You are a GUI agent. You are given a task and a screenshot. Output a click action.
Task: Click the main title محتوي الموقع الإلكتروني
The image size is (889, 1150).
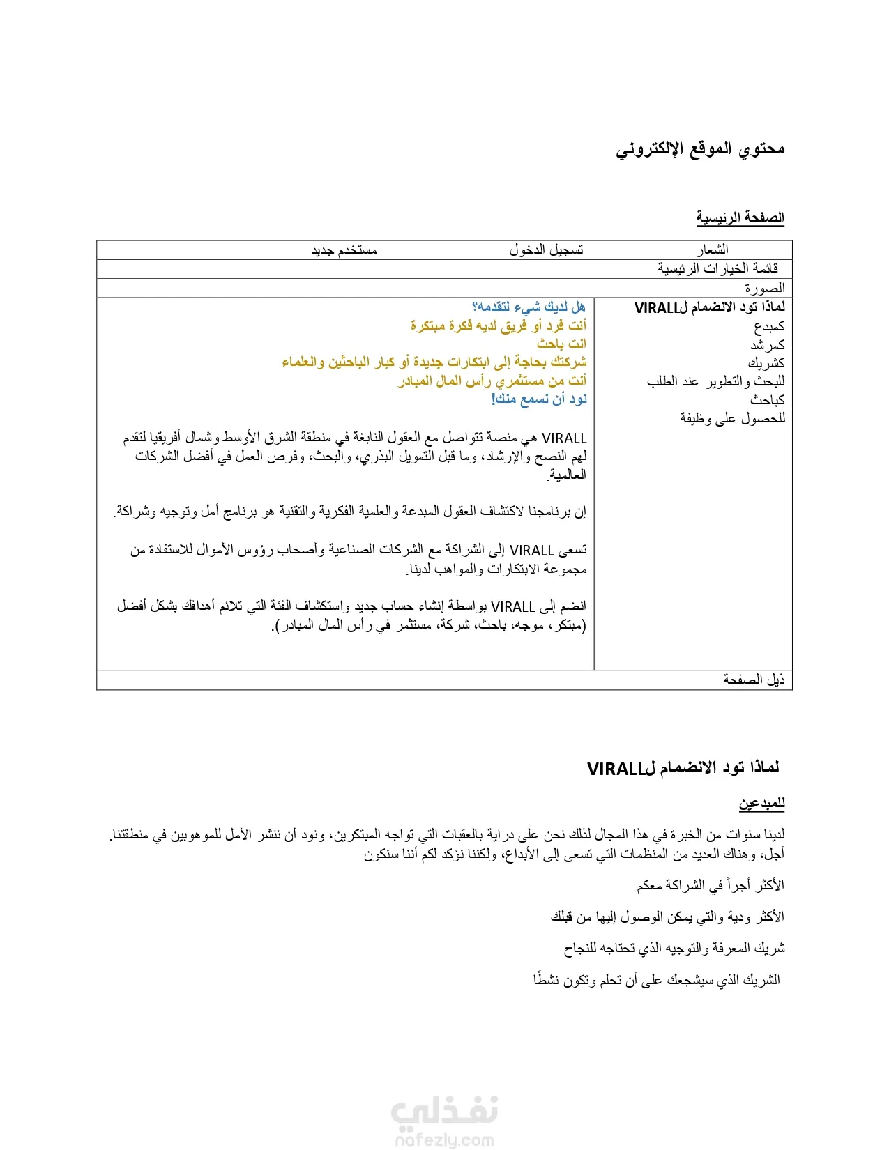(700, 149)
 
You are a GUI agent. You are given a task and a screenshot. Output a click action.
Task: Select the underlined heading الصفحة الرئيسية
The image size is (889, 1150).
(740, 217)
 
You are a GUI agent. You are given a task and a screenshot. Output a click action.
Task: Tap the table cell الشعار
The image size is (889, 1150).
(711, 250)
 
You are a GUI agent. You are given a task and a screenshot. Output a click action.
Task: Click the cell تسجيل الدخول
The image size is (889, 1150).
(546, 250)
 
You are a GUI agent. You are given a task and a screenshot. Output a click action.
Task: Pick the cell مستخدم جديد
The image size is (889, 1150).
(344, 250)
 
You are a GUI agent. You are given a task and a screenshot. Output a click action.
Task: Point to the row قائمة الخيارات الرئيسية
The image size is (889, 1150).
(717, 268)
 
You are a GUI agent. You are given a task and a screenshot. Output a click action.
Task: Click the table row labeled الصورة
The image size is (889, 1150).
(764, 288)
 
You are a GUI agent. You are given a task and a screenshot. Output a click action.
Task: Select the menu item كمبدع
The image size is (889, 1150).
(769, 326)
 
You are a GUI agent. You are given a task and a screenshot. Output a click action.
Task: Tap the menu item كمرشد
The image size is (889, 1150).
(768, 344)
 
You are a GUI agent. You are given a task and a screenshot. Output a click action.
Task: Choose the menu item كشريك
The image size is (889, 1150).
(766, 363)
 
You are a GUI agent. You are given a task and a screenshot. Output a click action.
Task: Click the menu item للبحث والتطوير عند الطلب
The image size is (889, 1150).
(715, 381)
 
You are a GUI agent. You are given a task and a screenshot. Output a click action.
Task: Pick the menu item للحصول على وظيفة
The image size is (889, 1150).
(732, 418)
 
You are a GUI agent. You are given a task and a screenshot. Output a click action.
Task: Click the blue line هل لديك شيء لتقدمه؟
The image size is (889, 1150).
(529, 307)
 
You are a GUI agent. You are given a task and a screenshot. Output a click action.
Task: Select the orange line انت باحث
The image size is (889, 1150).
(561, 344)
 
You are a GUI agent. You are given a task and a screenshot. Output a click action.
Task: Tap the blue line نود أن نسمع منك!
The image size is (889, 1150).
(539, 399)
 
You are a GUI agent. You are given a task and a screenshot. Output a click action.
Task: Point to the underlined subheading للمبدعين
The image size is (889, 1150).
(761, 804)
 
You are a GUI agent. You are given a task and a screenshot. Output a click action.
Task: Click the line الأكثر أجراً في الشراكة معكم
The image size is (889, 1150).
(710, 885)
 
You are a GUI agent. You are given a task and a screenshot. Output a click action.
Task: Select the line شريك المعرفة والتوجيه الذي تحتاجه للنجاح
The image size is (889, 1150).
(674, 948)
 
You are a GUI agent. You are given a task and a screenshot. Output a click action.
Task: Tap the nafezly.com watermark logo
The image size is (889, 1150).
(445, 1122)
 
